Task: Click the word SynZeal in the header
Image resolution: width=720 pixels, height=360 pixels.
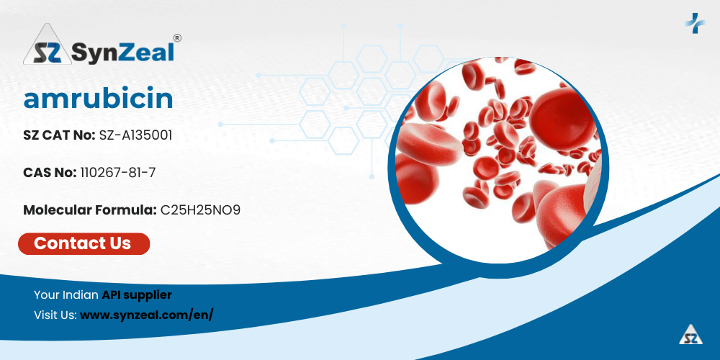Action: (123, 51)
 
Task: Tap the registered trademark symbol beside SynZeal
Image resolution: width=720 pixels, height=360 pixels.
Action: (177, 37)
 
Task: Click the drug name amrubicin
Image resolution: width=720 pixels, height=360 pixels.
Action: (98, 99)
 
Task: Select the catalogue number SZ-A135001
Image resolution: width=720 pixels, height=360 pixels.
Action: (136, 135)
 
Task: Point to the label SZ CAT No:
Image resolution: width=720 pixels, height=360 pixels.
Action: (59, 135)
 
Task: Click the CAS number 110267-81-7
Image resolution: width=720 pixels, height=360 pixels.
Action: (117, 173)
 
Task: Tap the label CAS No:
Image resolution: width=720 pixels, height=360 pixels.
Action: (50, 173)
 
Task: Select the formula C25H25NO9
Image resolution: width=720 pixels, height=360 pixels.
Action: (200, 210)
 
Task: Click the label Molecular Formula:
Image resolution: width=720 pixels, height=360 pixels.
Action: (90, 210)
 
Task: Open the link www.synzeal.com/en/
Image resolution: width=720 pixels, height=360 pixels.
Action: (146, 315)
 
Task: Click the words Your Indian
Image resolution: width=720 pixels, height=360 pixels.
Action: (66, 294)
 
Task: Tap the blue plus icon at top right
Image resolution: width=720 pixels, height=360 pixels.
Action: (694, 22)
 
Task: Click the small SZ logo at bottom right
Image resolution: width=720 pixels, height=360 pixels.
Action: (691, 334)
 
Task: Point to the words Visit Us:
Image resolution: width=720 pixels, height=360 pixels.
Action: (55, 315)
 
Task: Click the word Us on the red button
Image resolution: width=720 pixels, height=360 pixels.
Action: (120, 243)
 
